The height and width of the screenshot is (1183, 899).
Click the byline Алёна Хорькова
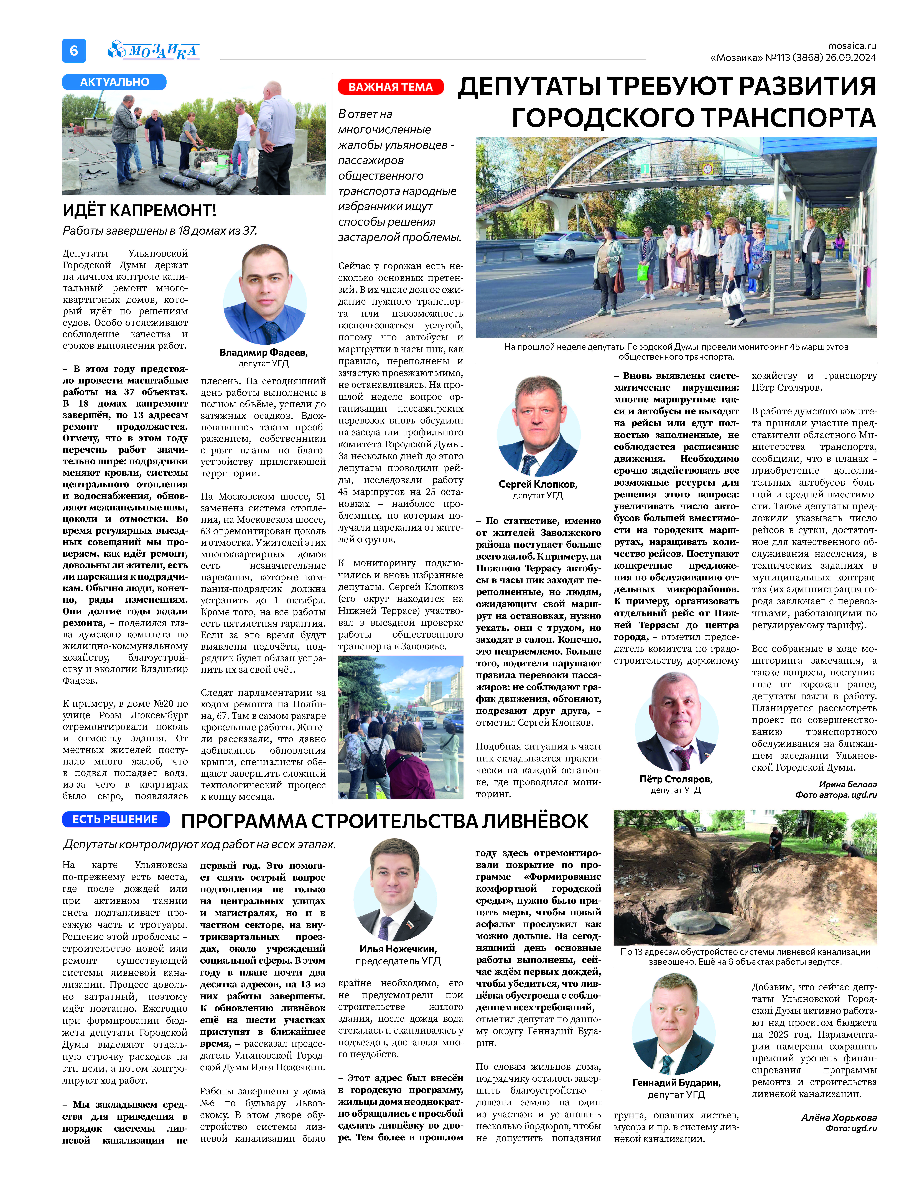click(x=839, y=1118)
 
